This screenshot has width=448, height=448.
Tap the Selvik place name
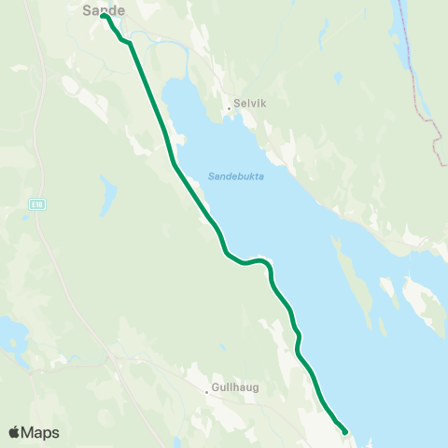pos(251,105)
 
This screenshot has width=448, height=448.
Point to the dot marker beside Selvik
pos(229,108)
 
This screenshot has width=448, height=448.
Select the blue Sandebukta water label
pos(235,175)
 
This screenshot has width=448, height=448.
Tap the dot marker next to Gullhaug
pos(207,392)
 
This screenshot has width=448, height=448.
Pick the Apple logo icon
pos(14,432)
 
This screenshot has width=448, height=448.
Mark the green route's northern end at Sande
pos(103,16)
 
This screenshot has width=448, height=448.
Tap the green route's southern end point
pos(345,431)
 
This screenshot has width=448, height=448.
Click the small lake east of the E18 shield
pos(108,196)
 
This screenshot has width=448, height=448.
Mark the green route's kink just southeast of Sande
pos(127,42)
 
